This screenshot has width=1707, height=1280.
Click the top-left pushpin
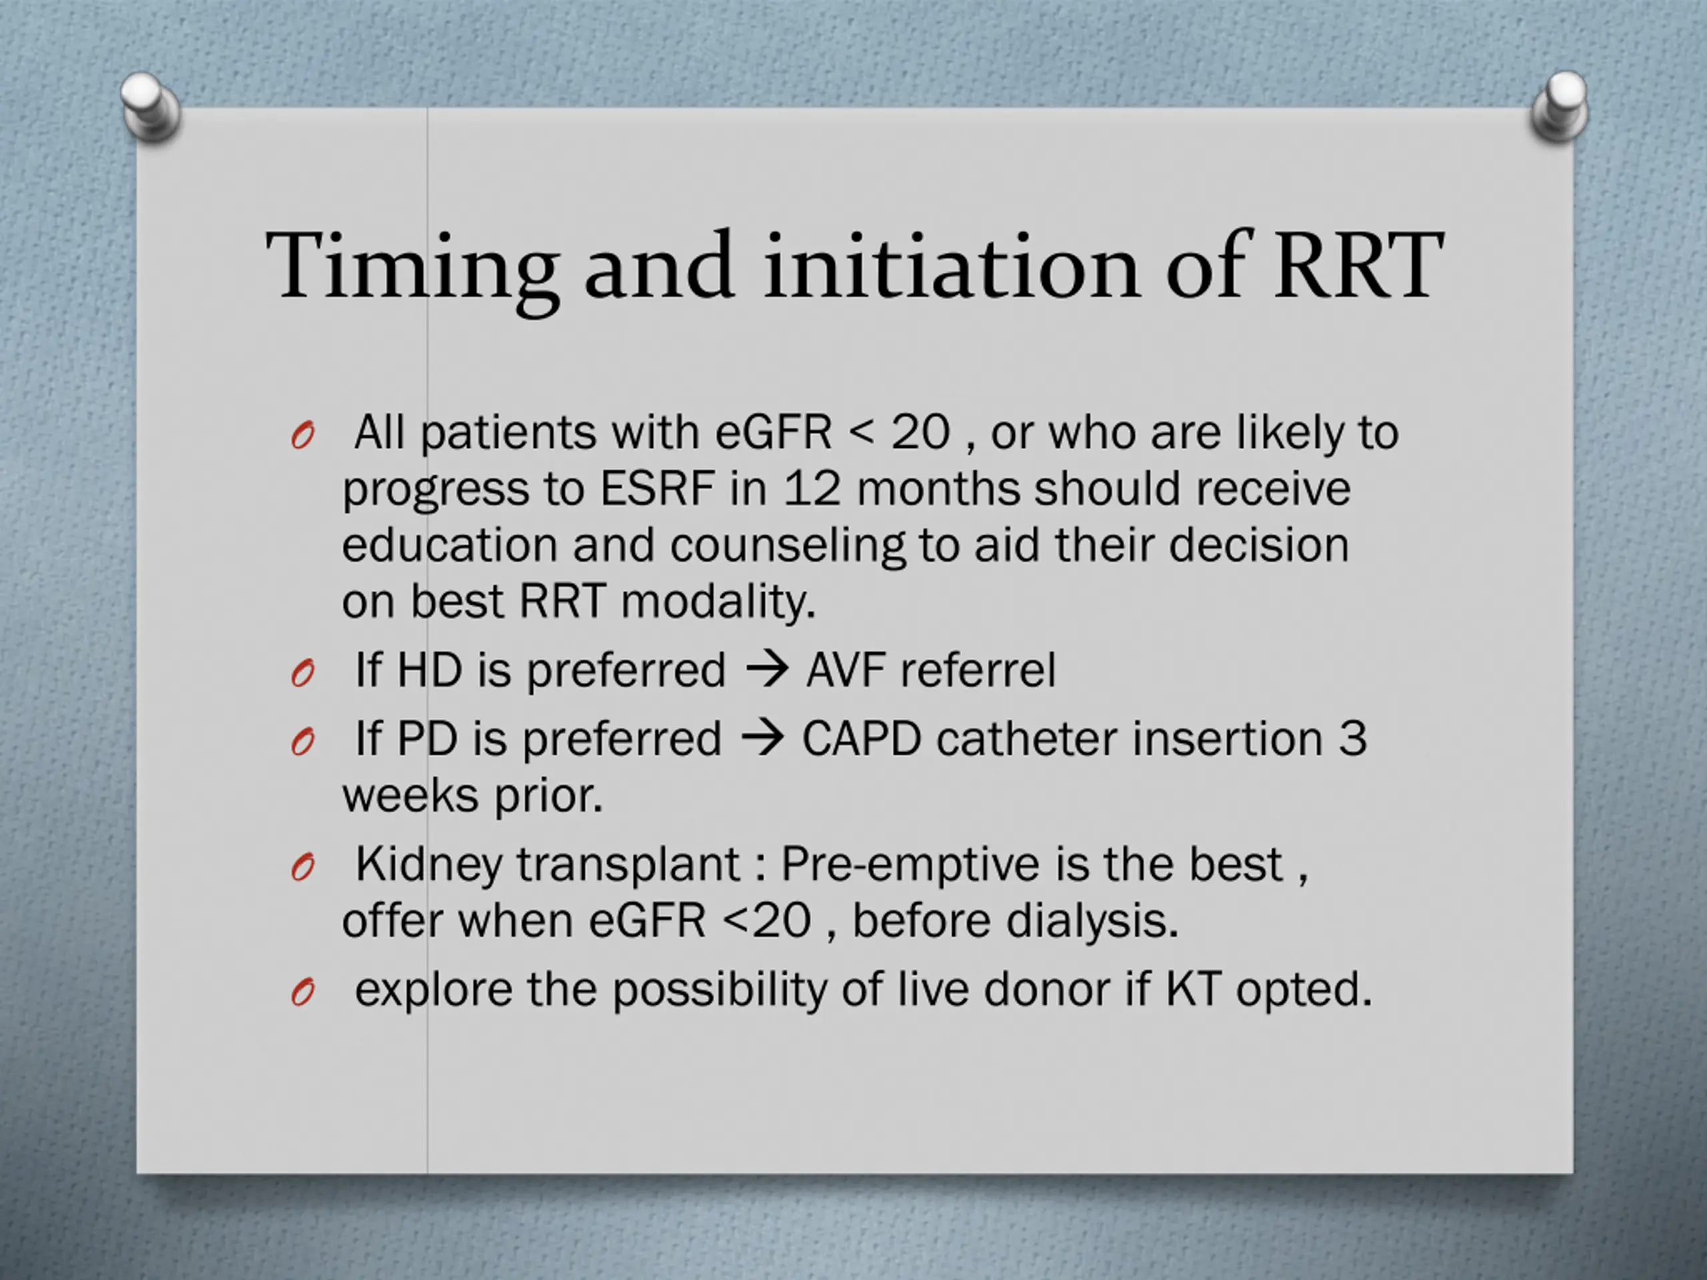tap(151, 107)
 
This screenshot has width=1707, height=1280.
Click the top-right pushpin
tap(1559, 107)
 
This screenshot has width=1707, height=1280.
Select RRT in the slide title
tap(1358, 266)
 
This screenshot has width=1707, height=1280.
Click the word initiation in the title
tap(952, 266)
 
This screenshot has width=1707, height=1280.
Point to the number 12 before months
tap(812, 489)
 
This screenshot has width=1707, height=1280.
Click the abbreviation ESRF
tap(657, 489)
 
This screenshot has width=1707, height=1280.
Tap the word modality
tap(717, 602)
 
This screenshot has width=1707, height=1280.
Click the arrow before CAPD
tap(762, 739)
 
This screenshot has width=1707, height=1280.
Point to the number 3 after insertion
tap(1352, 739)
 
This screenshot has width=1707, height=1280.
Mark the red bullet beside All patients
tap(303, 437)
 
